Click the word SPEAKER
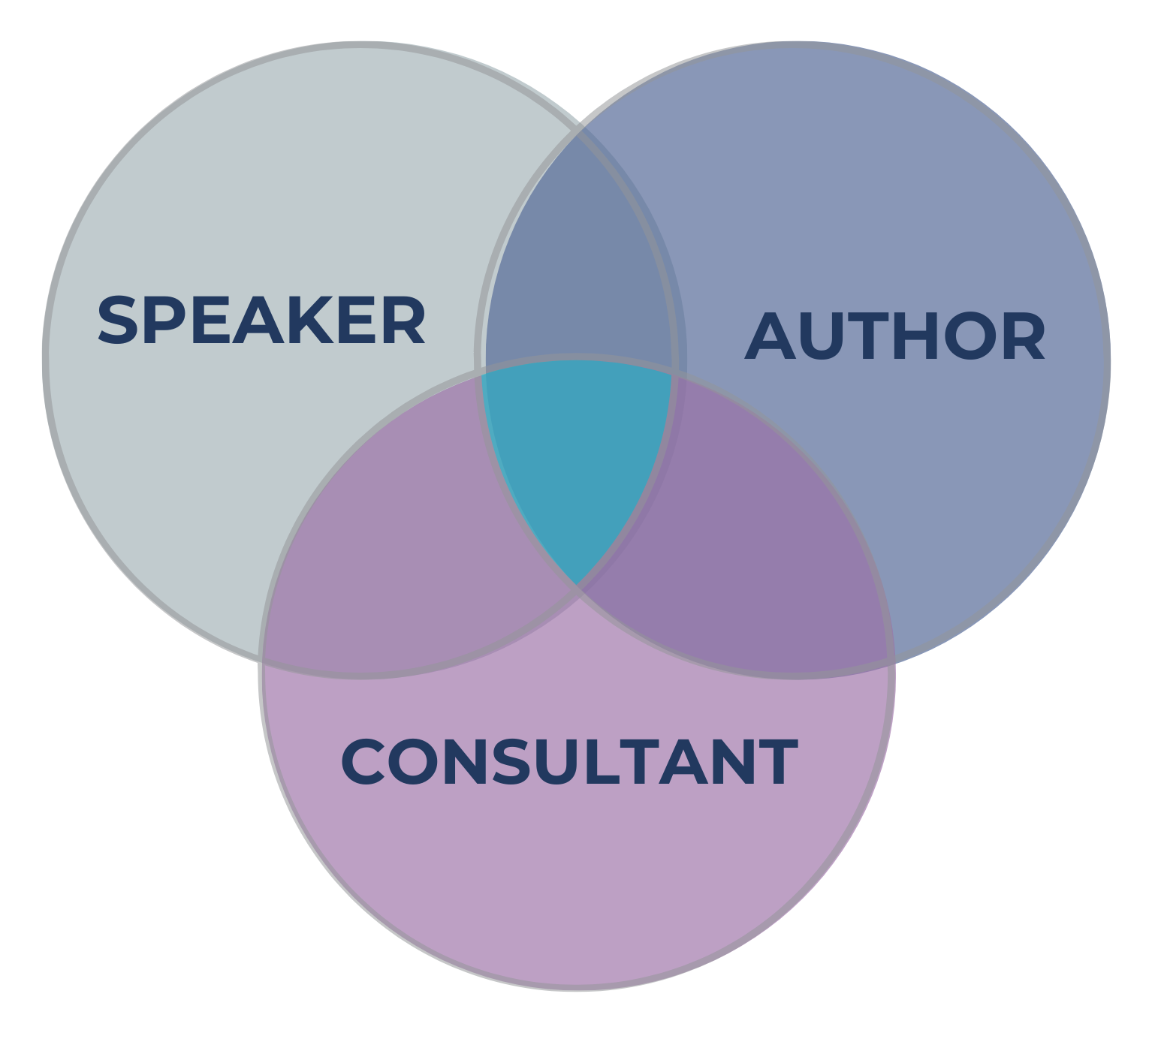click(x=261, y=321)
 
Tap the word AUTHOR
click(x=895, y=337)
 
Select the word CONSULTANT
click(x=568, y=763)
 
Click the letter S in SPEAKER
click(x=120, y=321)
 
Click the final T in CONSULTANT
click(x=777, y=763)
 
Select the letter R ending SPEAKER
click(x=402, y=321)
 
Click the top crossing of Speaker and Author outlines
click(x=577, y=129)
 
